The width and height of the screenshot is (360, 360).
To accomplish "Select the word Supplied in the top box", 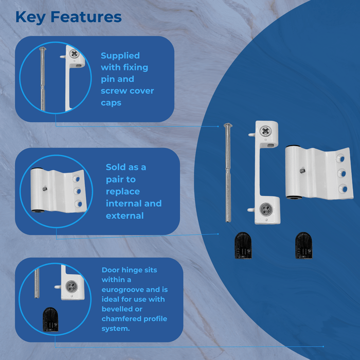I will click(x=120, y=56).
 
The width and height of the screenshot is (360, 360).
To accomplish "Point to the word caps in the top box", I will click(x=111, y=102).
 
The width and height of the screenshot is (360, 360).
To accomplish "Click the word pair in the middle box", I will click(x=116, y=179).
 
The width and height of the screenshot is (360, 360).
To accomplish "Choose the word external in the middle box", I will click(x=124, y=215).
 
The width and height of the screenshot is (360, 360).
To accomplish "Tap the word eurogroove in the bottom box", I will click(x=123, y=290).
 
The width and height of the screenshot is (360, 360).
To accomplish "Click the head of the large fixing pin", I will click(x=228, y=127).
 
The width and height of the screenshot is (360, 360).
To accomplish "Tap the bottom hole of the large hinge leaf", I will click(x=343, y=189).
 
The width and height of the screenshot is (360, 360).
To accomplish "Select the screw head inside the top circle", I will click(x=75, y=53).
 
